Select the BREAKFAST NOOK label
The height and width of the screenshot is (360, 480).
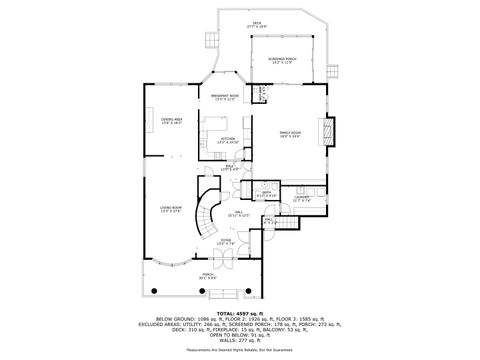224,98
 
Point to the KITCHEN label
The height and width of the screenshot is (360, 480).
227,140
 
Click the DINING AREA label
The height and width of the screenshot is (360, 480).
172,121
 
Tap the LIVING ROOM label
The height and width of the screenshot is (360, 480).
170,209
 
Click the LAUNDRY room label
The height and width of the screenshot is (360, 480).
303,198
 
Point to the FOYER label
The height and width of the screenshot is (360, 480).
227,242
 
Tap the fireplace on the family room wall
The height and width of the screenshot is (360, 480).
327,131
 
